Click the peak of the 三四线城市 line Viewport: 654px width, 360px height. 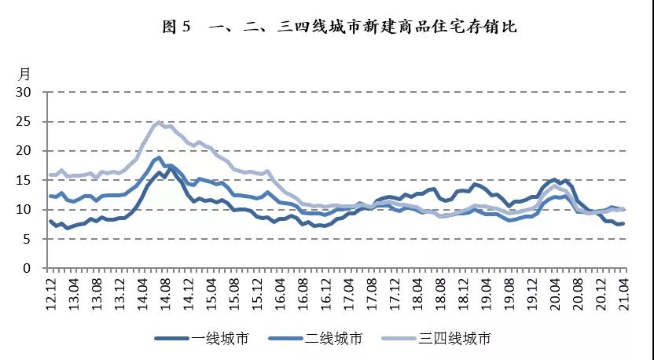pos(159,123)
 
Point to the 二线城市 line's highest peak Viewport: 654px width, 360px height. pos(159,157)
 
